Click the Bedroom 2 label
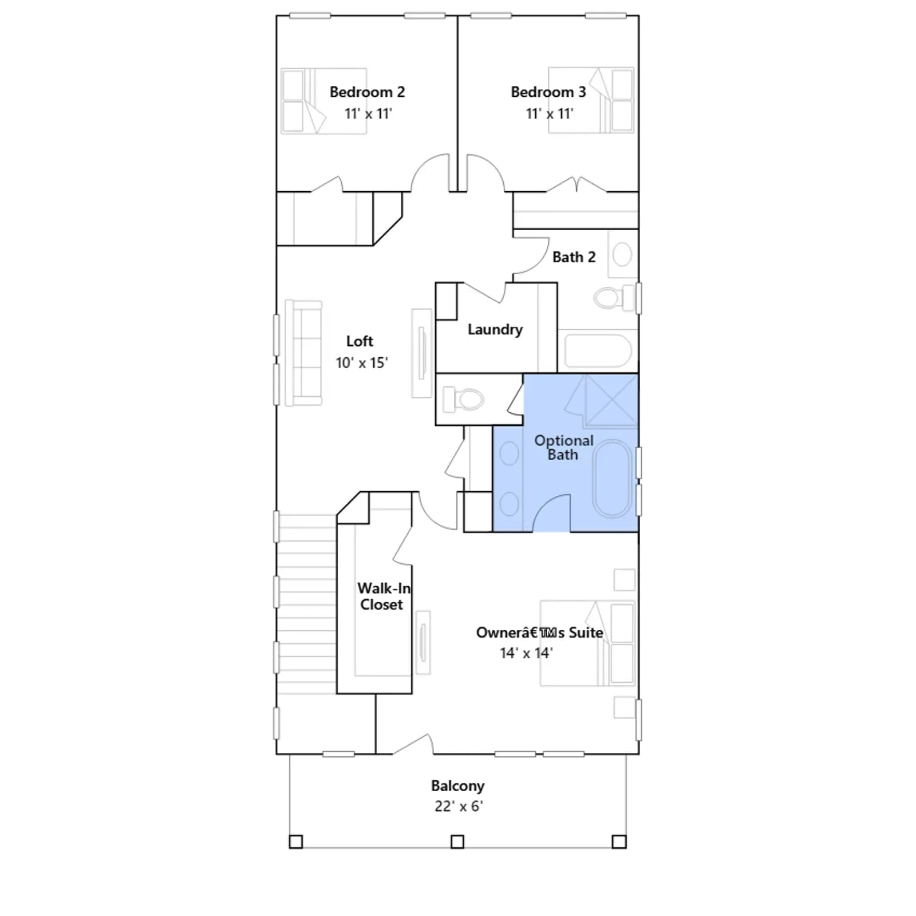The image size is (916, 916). [x=367, y=92]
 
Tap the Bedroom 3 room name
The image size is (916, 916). [x=548, y=92]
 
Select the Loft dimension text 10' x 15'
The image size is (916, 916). [x=362, y=363]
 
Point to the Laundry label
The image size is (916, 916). [x=495, y=330]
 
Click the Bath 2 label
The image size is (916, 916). [x=574, y=257]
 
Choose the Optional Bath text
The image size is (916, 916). [x=564, y=448]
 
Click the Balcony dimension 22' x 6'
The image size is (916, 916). [x=459, y=806]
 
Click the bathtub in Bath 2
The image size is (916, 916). [x=598, y=350]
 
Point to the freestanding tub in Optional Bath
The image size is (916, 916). [x=612, y=478]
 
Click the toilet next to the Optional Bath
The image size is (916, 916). [x=463, y=399]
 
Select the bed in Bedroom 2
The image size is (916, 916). [x=323, y=101]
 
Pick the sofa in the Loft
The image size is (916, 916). [x=303, y=353]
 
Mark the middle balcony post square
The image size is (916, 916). [x=457, y=842]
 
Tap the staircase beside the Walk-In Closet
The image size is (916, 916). [x=306, y=604]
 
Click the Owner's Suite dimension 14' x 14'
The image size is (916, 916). [x=526, y=653]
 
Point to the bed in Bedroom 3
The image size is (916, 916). [x=591, y=100]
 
